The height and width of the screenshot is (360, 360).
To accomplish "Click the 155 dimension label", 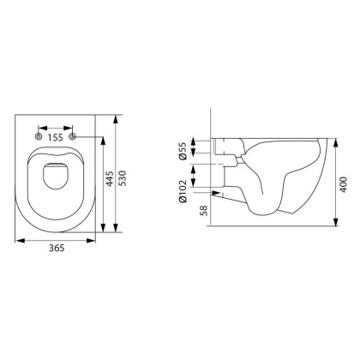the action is click(x=55, y=137).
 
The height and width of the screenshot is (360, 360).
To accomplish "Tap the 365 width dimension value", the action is click(x=57, y=248).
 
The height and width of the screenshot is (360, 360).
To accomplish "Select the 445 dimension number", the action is click(x=110, y=179).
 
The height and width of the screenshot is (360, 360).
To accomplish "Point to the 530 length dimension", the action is click(x=123, y=178).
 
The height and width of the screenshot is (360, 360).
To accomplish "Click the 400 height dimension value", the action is click(x=344, y=184).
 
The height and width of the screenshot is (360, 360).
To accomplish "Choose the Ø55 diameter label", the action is click(x=183, y=151).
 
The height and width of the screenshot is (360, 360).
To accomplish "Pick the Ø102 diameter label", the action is click(x=183, y=191).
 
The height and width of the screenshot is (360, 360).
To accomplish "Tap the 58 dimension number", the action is click(x=204, y=211).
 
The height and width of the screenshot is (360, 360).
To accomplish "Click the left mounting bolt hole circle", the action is click(x=39, y=137).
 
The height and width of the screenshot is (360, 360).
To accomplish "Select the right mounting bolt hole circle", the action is click(x=73, y=137).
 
